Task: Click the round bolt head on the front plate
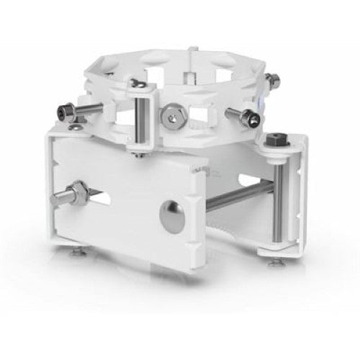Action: pos(171,212)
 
